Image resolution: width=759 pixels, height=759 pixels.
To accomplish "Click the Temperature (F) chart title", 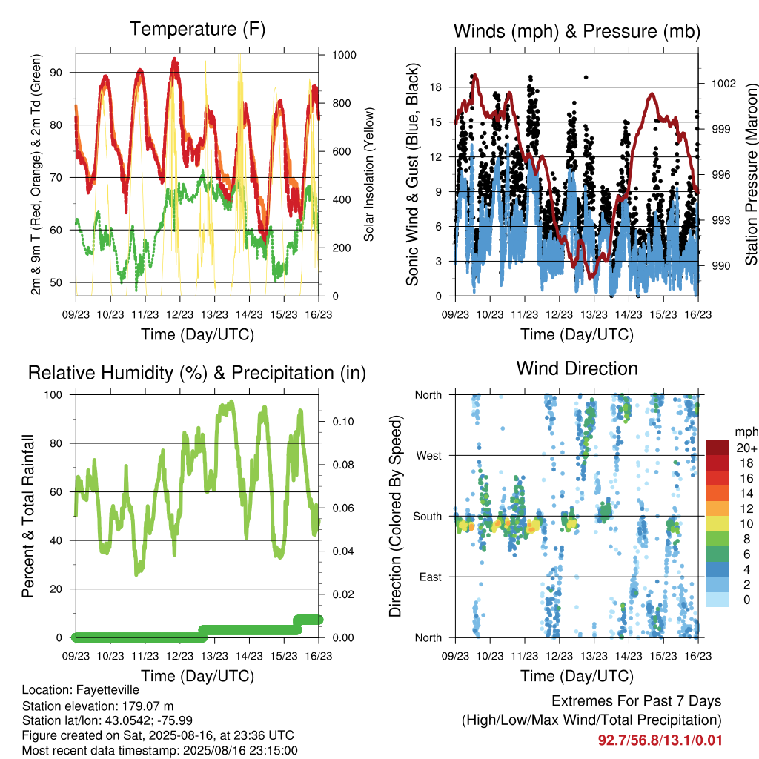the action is [x=197, y=29].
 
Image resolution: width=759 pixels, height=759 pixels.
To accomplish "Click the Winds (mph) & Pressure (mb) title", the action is [x=577, y=31].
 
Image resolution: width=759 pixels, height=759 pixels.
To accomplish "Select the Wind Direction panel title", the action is [x=577, y=368].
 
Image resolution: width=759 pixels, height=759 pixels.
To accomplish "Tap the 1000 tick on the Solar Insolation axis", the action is [x=344, y=55].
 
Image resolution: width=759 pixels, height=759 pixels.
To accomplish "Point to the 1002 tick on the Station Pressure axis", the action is [x=723, y=84].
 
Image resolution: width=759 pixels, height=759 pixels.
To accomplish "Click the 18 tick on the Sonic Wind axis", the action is [x=436, y=87].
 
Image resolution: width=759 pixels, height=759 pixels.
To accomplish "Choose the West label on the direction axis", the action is [x=429, y=456].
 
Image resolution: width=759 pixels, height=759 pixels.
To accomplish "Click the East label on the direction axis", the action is [x=431, y=577].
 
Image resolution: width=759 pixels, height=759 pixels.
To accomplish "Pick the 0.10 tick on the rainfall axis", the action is [x=343, y=422].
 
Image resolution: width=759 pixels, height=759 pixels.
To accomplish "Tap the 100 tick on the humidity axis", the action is [x=53, y=395].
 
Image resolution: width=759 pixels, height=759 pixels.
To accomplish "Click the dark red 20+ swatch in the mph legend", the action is [x=717, y=448].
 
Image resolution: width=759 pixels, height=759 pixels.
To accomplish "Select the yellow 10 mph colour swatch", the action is [x=717, y=524].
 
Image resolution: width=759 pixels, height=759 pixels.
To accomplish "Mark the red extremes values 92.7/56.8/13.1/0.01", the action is [x=660, y=740].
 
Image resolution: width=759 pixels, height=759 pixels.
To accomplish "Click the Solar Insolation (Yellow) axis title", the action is [x=369, y=174].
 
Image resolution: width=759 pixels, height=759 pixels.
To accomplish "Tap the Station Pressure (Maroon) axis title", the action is [x=751, y=174].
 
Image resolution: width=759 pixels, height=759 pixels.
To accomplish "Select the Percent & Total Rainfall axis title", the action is [x=28, y=516].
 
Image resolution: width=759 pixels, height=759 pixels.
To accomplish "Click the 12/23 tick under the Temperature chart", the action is [x=179, y=314].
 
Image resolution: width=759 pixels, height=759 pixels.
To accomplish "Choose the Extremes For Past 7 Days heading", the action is [x=637, y=701].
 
